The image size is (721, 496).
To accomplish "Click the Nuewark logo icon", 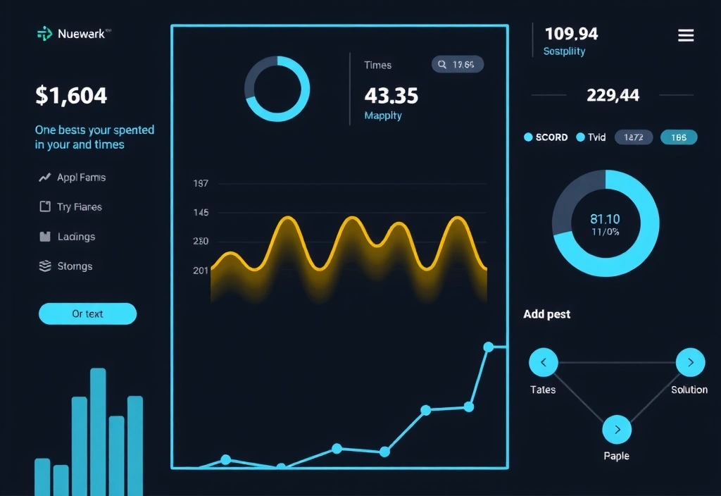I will [x=44, y=33].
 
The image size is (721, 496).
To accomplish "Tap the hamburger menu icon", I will [x=685, y=36].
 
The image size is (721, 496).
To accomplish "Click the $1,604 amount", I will [x=71, y=95].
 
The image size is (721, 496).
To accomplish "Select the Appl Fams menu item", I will [x=81, y=178].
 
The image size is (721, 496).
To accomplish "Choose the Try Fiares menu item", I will [x=79, y=207].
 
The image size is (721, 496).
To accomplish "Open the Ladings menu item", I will [x=76, y=237].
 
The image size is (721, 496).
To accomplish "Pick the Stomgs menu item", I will [x=75, y=266].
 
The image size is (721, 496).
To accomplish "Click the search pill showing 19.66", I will [x=457, y=65].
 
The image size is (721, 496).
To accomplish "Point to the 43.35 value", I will [x=391, y=95].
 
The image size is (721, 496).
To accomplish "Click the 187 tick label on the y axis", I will [x=201, y=183].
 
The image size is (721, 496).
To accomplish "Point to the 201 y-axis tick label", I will [x=201, y=271].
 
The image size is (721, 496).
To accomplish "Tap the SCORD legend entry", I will [x=546, y=137].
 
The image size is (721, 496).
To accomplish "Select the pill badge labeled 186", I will [x=679, y=137].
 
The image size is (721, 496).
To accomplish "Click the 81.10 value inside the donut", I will [x=605, y=219].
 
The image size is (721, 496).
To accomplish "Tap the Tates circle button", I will [x=543, y=363].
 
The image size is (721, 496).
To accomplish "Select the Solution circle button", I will [x=690, y=363].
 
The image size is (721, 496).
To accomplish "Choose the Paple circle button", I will [x=617, y=430].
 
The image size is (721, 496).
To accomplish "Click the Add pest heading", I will [x=546, y=314].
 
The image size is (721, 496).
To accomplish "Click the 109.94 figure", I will [x=571, y=33].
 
